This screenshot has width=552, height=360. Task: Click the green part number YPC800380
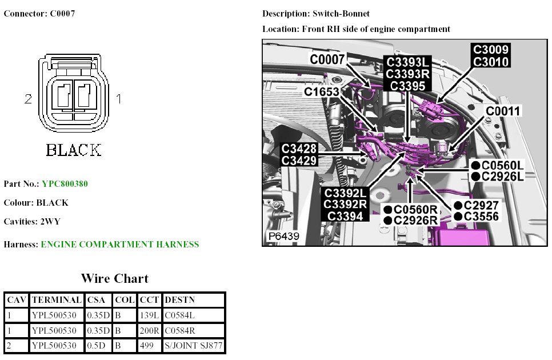pyautogui.click(x=65, y=184)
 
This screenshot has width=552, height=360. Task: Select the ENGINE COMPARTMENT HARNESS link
pyautogui.click(x=120, y=245)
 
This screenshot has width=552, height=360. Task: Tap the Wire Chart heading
pyautogui.click(x=114, y=279)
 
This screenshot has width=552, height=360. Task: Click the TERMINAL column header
pyautogui.click(x=57, y=300)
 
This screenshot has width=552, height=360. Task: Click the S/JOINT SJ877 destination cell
pyautogui.click(x=193, y=346)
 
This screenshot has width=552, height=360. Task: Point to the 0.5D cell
pyautogui.click(x=96, y=346)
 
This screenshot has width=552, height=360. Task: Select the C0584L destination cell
pyautogui.click(x=181, y=315)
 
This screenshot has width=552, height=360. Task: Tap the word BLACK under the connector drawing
pyautogui.click(x=73, y=150)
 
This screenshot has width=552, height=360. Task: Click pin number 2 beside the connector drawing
pyautogui.click(x=28, y=99)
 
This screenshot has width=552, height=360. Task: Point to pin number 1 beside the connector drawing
pyautogui.click(x=119, y=99)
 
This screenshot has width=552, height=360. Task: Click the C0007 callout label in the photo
pyautogui.click(x=327, y=58)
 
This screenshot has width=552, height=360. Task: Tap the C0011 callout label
pyautogui.click(x=503, y=111)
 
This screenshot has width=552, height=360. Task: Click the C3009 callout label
pyautogui.click(x=490, y=50)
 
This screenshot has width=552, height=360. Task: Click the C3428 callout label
pyautogui.click(x=299, y=149)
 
